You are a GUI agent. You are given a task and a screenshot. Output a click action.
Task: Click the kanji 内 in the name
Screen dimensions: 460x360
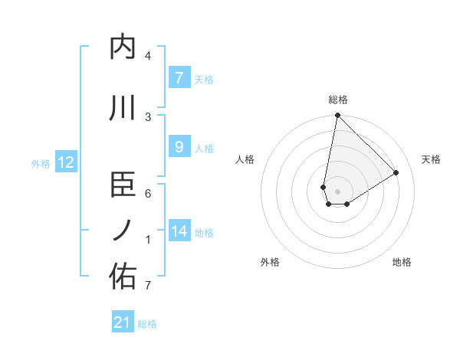123,47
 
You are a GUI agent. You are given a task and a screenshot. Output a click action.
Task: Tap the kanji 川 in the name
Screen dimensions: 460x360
123,108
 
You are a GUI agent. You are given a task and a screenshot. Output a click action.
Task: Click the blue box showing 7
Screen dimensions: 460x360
179,78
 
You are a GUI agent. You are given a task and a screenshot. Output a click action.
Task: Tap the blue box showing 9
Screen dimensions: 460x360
179,147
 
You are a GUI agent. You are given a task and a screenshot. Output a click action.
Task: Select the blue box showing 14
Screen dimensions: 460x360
179,231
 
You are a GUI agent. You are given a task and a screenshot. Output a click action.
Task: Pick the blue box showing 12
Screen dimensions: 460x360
66,162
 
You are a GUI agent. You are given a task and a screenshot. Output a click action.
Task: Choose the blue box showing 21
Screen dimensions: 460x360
123,322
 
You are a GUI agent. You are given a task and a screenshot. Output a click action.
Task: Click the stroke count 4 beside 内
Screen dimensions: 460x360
148,56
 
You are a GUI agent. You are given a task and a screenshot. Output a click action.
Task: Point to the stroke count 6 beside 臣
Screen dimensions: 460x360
148,194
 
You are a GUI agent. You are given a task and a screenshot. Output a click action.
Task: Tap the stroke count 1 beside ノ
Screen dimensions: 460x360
148,240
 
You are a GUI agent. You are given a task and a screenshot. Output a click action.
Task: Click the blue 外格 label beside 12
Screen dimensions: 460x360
41,163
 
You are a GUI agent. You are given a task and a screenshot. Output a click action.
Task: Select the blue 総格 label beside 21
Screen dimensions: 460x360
147,324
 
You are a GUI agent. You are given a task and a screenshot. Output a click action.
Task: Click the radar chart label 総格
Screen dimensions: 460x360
337,100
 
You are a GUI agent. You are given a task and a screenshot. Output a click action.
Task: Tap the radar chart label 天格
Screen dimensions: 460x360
431,159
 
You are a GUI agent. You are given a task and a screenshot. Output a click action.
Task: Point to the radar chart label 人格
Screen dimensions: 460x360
245,159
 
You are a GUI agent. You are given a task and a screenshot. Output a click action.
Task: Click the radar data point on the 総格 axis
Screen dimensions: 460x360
337,116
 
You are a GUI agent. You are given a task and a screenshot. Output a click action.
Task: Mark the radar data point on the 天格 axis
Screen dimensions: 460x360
396,172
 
